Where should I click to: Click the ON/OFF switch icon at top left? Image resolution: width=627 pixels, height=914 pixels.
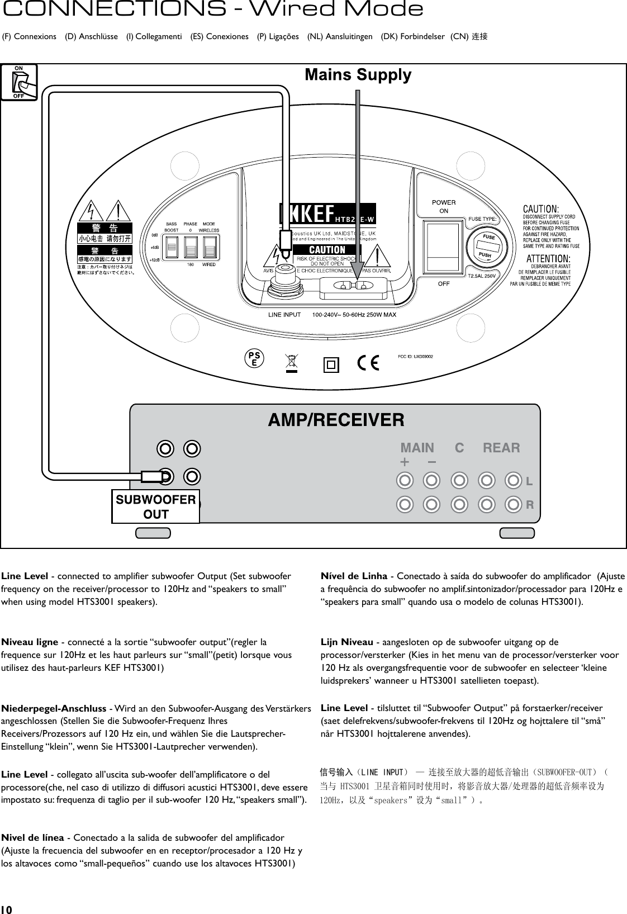click(x=19, y=82)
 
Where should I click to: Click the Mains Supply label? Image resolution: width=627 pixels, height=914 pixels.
click(x=358, y=75)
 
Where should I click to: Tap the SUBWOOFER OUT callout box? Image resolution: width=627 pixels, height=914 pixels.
click(x=155, y=506)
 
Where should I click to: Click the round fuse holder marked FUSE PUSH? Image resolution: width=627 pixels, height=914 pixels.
click(x=489, y=246)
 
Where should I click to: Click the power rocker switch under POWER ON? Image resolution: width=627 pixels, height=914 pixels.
click(x=444, y=247)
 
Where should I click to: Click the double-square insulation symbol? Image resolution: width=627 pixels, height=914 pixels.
click(x=331, y=365)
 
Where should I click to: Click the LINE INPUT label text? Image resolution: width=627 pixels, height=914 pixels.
click(x=284, y=315)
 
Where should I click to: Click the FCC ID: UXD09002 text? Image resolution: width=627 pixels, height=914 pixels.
click(x=416, y=356)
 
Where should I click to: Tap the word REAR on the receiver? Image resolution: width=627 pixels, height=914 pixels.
click(x=501, y=448)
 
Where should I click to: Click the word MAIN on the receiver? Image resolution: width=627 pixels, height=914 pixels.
click(x=417, y=448)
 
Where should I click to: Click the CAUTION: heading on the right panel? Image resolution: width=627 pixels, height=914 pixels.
click(x=544, y=210)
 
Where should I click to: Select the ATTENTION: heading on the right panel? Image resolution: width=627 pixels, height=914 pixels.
click(x=548, y=259)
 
